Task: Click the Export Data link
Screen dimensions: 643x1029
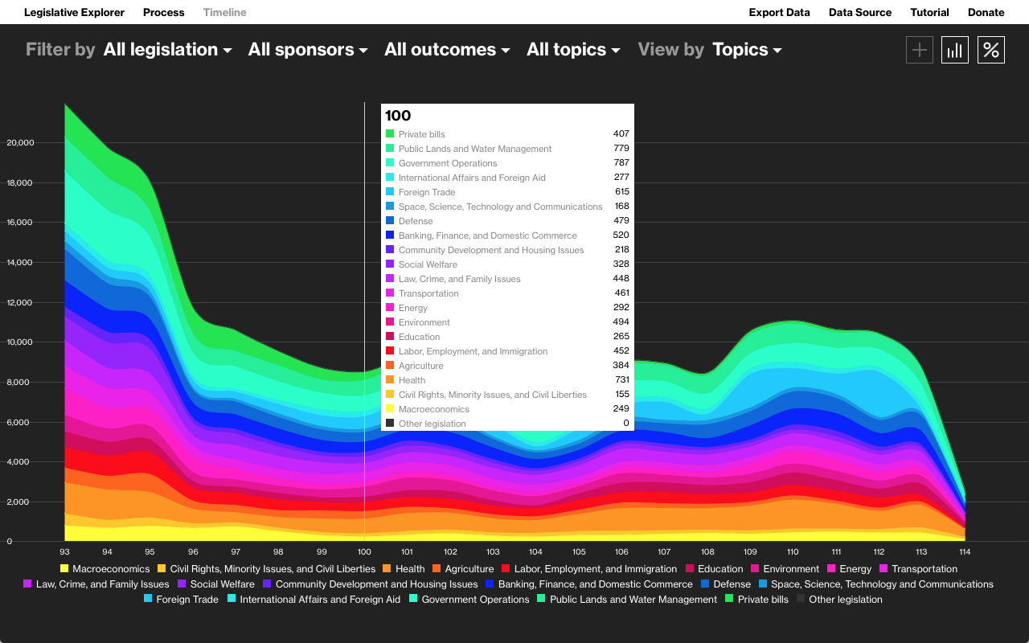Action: tap(779, 12)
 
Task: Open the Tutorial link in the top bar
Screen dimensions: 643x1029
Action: tap(929, 12)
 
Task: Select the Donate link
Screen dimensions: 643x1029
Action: tap(986, 12)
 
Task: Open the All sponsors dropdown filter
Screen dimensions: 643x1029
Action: tap(308, 50)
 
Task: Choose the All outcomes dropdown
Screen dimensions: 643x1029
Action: tap(447, 50)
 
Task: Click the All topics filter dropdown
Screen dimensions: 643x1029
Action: tap(573, 50)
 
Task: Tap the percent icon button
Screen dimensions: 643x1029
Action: tap(991, 50)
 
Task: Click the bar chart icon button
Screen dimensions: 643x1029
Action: tap(955, 50)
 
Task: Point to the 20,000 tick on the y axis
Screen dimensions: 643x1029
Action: tap(20, 143)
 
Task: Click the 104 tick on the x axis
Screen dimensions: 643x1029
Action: tap(535, 552)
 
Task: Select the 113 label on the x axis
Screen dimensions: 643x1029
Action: tap(921, 552)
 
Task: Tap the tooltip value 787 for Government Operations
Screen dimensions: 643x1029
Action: tap(621, 163)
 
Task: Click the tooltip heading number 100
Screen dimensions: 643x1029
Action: tap(398, 116)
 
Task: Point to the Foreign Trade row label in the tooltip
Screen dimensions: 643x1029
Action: tap(427, 192)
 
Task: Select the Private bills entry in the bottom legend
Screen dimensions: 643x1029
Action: tap(762, 600)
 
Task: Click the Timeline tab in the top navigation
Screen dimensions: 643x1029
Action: tap(224, 12)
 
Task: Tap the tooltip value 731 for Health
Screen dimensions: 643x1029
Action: tap(621, 380)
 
